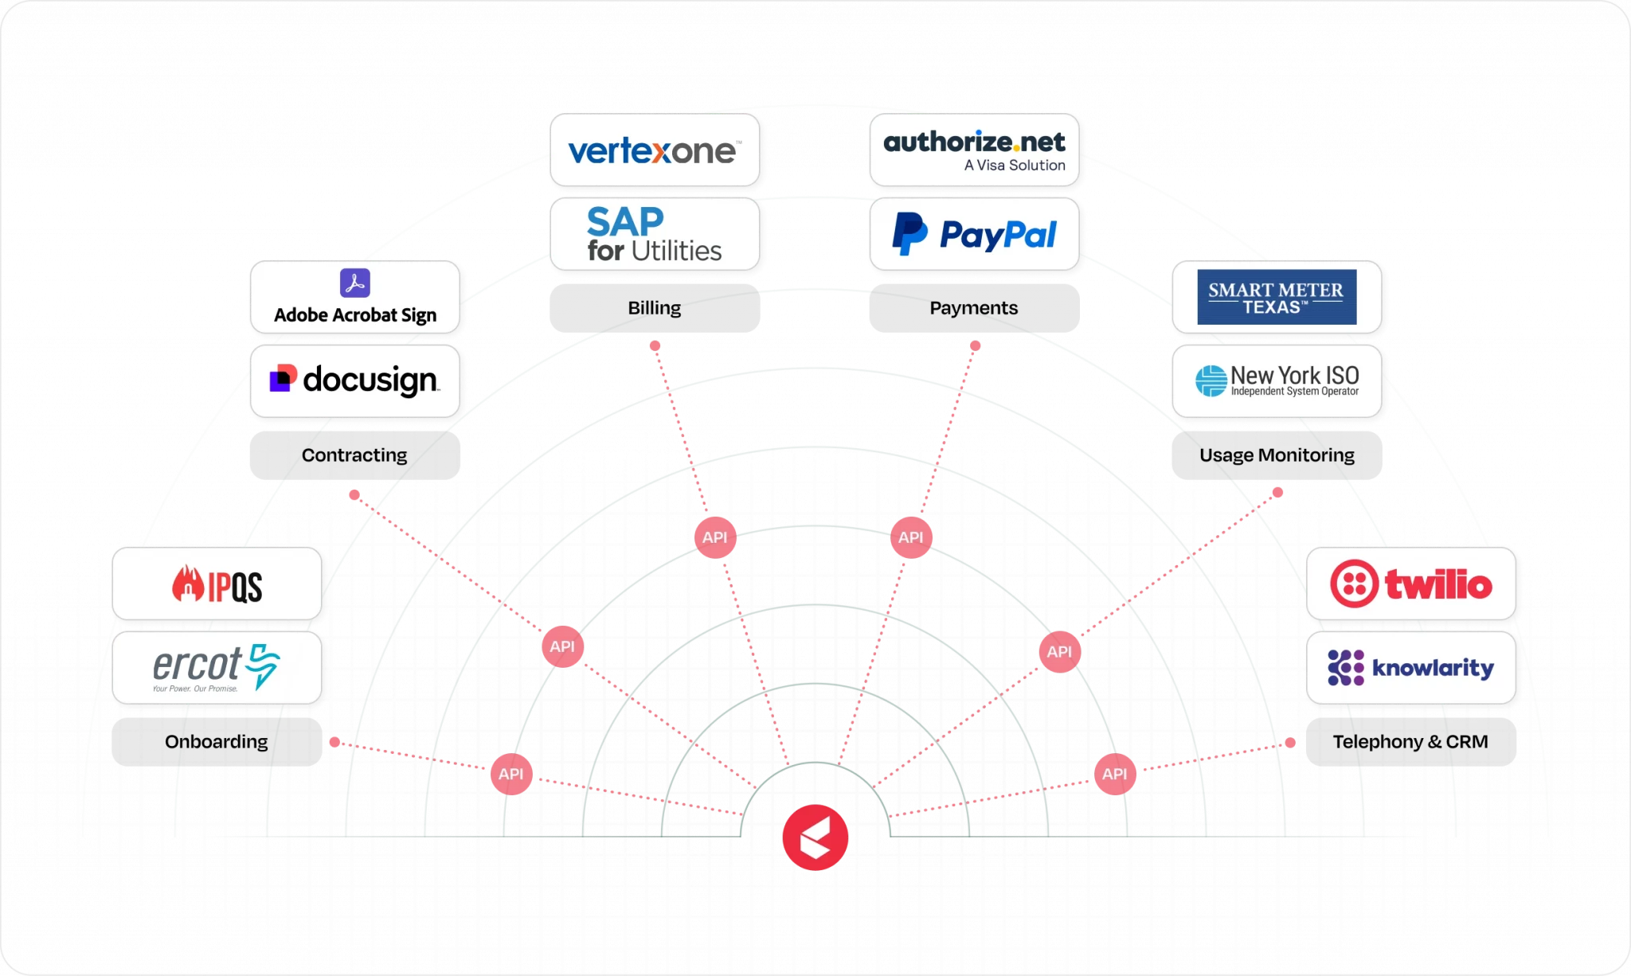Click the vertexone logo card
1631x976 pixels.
655,150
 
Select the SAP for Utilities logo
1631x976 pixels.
655,234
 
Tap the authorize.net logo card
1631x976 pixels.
974,150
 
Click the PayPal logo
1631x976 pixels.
974,234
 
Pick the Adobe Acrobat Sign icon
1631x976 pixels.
355,283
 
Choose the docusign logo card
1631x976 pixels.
355,381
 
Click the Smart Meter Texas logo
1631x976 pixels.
1277,297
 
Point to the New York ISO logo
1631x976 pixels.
1277,381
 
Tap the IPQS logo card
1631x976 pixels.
217,584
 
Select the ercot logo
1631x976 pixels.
217,667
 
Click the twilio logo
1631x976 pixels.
1410,584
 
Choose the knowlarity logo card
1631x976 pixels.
1410,667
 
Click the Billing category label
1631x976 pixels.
655,308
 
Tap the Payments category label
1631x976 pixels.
974,308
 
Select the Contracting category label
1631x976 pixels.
355,455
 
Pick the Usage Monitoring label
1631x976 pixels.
1277,455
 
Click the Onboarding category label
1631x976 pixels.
217,742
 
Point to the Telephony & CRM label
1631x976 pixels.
1410,742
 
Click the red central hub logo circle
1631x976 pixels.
815,837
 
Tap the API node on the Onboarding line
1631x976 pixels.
511,774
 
